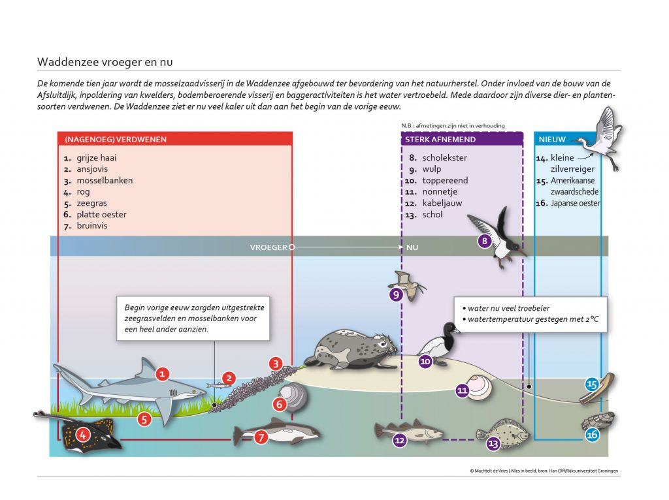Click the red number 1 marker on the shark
(162, 374)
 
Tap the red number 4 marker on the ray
(83, 435)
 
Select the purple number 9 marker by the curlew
(397, 294)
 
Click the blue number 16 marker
(592, 435)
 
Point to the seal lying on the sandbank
(351, 349)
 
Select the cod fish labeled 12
(408, 432)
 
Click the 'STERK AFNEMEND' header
(440, 140)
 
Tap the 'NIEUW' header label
(552, 140)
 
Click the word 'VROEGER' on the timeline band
(269, 247)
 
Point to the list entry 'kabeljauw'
(442, 203)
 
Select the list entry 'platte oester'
(101, 214)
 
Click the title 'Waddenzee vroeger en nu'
(105, 62)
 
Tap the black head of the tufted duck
(450, 330)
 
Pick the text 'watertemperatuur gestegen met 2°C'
(533, 319)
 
